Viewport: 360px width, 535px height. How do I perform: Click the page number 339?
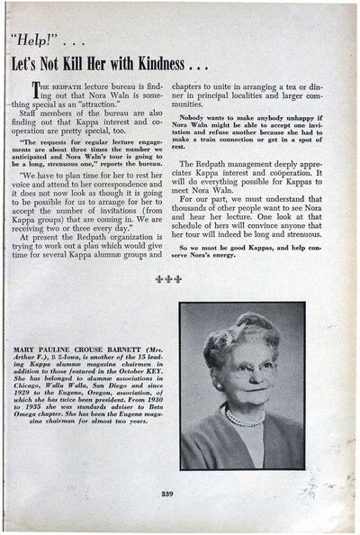[176, 494]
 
